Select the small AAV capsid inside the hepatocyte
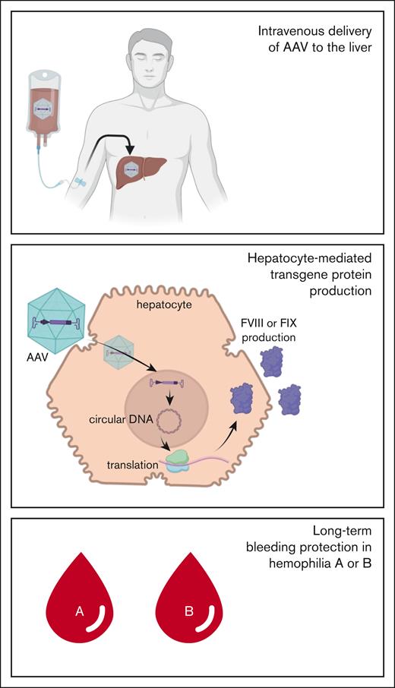pyautogui.click(x=122, y=355)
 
